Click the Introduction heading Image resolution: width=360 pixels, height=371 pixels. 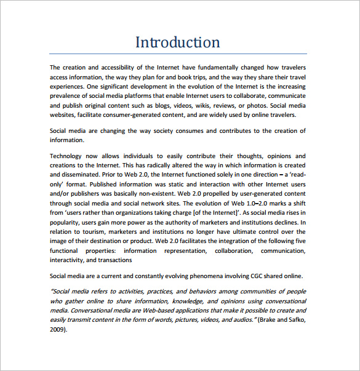point(177,42)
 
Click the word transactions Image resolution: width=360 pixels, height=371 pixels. point(113,260)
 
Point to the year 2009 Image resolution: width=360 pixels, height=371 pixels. point(57,329)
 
